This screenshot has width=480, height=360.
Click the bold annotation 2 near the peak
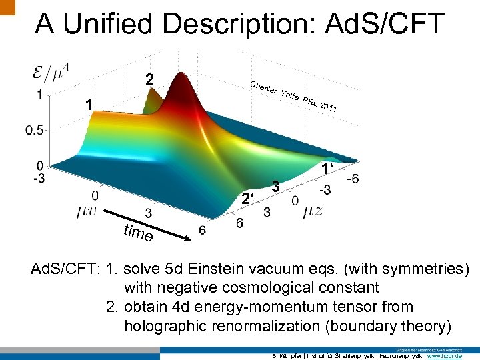click(x=150, y=80)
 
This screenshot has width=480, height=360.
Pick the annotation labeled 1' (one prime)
click(x=327, y=169)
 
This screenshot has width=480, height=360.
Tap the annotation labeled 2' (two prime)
click(x=248, y=198)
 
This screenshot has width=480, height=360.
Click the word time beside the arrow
click(x=139, y=233)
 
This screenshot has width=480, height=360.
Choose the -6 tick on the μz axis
click(x=353, y=179)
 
